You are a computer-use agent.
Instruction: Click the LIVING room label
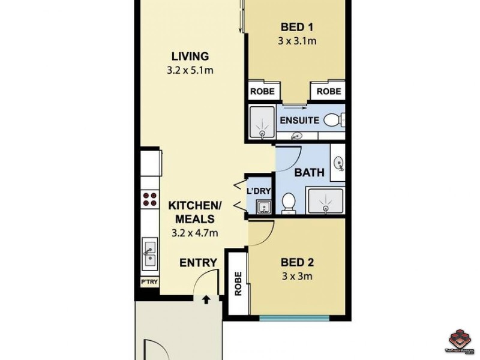coord(190,56)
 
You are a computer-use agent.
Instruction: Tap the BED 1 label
coord(297,27)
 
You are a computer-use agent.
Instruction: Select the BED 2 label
coord(297,262)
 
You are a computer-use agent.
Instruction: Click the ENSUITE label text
coord(299,120)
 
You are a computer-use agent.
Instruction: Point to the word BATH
coord(309,172)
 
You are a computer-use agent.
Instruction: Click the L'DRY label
coord(259,191)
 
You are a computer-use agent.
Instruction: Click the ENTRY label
coord(198,262)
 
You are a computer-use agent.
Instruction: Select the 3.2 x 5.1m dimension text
coord(190,71)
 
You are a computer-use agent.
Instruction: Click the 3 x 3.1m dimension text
coord(297,41)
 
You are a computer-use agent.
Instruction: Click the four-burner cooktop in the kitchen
coord(149,199)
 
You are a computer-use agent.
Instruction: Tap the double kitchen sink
coord(149,253)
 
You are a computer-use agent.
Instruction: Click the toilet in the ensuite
coord(333,121)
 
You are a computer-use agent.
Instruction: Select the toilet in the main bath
coord(289,202)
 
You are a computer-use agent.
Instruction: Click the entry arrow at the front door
coord(206,299)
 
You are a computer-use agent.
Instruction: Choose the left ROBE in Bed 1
coord(262,91)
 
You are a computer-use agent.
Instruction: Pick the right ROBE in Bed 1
coord(328,91)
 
